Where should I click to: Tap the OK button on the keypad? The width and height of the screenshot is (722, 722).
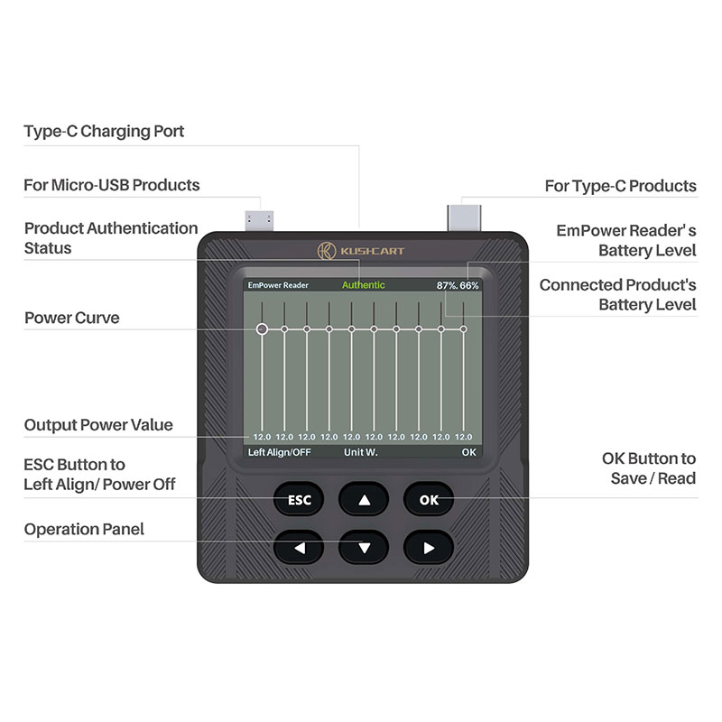click(429, 500)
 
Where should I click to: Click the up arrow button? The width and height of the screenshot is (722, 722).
click(364, 500)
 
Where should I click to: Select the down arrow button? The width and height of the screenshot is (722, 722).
click(364, 548)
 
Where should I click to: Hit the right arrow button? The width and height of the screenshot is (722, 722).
click(429, 548)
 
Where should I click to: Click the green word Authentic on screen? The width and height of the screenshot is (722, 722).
click(364, 285)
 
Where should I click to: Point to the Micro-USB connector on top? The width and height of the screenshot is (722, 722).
click(259, 220)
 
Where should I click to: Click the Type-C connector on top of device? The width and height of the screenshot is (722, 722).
click(464, 218)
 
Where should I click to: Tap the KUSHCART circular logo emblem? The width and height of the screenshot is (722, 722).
click(327, 251)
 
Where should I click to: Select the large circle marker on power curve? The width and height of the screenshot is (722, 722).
click(262, 329)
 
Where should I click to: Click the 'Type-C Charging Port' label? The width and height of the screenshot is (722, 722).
click(104, 131)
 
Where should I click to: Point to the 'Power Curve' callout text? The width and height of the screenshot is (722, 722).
click(72, 318)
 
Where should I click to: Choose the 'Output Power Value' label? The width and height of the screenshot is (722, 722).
click(98, 424)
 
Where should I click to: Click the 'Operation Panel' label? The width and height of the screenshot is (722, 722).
click(84, 529)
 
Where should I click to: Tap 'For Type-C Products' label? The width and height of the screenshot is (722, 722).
click(621, 186)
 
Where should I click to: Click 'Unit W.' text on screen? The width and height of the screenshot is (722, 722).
click(360, 452)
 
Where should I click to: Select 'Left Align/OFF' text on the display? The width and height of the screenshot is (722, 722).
click(280, 452)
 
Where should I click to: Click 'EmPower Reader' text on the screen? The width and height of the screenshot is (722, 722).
click(278, 285)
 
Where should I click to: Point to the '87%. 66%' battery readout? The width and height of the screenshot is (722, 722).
click(458, 285)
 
